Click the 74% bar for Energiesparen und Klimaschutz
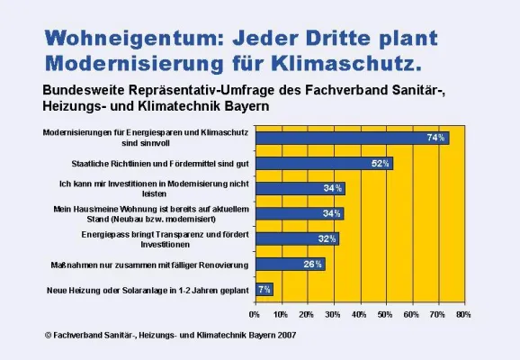tap(351, 138)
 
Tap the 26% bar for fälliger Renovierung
tap(289, 264)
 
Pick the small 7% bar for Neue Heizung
tap(264, 290)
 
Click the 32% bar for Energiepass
tap(297, 238)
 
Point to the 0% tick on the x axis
tap(255, 315)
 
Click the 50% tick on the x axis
tap(385, 315)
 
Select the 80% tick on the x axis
tap(463, 315)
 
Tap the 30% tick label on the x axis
tap(333, 315)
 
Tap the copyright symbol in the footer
tap(49, 336)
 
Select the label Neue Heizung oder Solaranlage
tap(146, 290)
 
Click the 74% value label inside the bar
tap(436, 138)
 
